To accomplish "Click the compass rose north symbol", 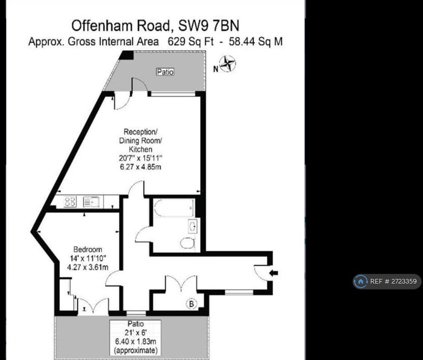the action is coord(227,64).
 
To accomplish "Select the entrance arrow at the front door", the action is coord(274,273).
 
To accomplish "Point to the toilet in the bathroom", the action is coord(187,244).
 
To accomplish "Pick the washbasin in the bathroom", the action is coord(193,226).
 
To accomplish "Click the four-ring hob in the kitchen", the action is coord(70,202).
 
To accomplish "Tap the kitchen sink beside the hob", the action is coord(91,202).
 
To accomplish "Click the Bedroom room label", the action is coord(87,249).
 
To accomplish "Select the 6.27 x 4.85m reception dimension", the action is coord(140,167).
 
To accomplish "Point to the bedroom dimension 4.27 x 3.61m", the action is coord(87,267).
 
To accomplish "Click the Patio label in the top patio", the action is coord(165,72).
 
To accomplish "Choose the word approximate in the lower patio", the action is coord(135,351).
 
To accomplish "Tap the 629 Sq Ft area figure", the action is coord(190,42).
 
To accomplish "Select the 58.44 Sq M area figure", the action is coord(256,42).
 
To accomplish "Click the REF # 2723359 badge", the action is coord(387,281).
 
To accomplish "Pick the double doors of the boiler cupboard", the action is coord(181,283).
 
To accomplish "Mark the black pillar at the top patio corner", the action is coord(127,55).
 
